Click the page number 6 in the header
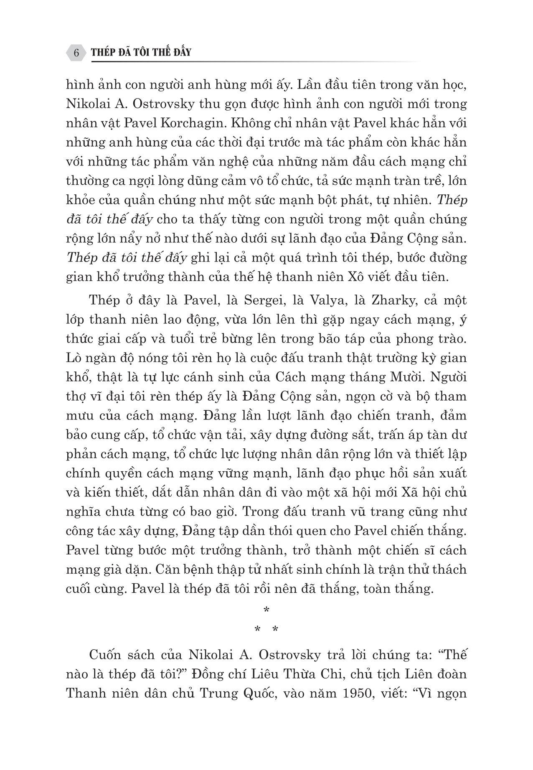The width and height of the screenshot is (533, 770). pyautogui.click(x=76, y=53)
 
